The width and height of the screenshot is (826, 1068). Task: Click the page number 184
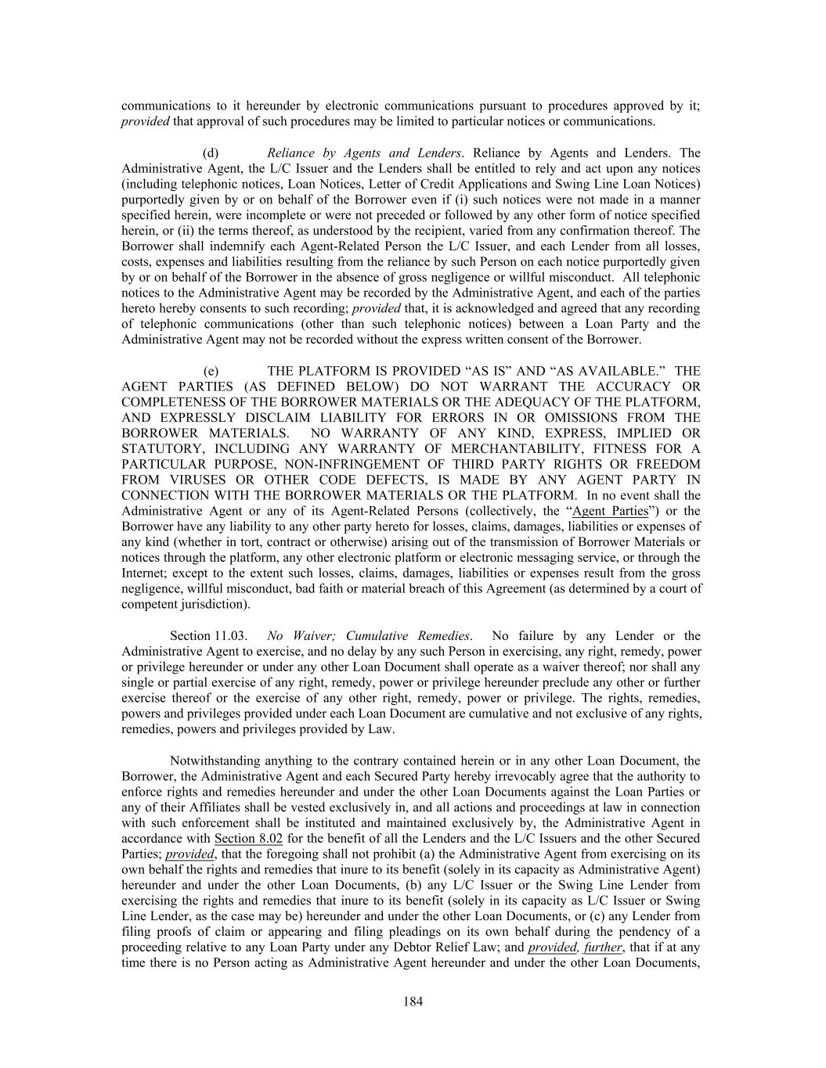(x=413, y=1001)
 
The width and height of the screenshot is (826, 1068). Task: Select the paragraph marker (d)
(x=211, y=153)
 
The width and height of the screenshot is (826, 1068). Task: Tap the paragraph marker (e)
(x=211, y=371)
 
